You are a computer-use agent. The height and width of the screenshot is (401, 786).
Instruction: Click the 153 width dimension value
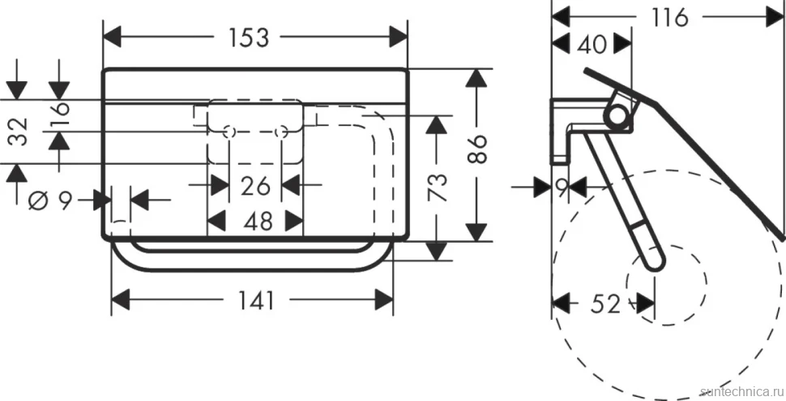pos(249,37)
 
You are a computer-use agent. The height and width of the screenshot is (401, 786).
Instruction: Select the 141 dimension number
pos(256,300)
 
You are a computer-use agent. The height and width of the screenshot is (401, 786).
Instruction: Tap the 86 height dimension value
pos(479,149)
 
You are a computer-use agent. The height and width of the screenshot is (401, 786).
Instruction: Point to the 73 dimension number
pos(438,187)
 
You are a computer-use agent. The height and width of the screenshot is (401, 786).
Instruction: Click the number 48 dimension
pos(258,221)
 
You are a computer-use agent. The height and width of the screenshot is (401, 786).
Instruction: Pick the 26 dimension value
pos(255,186)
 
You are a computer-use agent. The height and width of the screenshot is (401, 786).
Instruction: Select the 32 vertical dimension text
pos(19,132)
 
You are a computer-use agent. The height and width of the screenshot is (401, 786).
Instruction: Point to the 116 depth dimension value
pos(670,18)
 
